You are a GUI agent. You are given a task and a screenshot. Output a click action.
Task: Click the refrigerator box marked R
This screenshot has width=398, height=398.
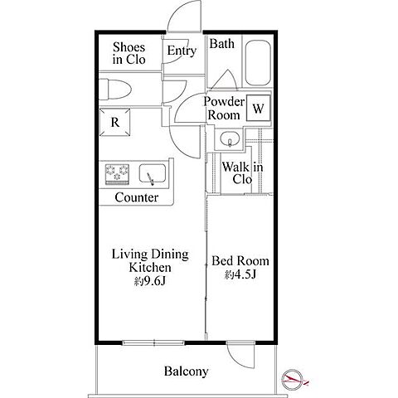[114, 122]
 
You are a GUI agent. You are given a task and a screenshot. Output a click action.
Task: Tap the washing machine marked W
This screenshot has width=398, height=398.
[258, 108]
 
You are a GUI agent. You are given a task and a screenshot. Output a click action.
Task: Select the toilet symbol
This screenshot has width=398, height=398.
[114, 90]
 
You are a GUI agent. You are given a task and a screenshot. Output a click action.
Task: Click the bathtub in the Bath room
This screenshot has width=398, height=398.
[258, 63]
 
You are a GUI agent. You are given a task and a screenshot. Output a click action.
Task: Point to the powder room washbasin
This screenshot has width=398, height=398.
[230, 138]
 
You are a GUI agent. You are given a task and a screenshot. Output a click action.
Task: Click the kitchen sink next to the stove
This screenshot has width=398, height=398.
[153, 173]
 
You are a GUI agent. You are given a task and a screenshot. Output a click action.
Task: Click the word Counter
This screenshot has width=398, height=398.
[137, 197]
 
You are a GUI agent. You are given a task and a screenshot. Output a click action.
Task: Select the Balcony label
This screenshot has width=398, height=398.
[186, 371]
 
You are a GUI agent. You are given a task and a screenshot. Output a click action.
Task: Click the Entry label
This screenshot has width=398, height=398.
[182, 51]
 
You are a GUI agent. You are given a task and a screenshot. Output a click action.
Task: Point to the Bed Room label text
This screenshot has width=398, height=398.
[240, 261]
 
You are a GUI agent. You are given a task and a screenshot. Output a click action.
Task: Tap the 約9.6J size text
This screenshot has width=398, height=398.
[150, 281]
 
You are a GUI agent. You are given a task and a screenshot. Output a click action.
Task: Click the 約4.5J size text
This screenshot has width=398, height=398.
[240, 274]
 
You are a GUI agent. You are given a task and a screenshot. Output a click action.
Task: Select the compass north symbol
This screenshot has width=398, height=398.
[293, 380]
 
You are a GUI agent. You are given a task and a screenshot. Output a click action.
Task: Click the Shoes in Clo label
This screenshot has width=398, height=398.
[129, 53]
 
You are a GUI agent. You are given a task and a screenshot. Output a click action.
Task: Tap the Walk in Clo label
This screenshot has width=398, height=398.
[242, 173]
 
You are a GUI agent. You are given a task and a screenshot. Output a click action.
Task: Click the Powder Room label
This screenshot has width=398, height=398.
[224, 108]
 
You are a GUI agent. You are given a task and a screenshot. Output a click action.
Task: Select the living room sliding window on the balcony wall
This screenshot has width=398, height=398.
[153, 342]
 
